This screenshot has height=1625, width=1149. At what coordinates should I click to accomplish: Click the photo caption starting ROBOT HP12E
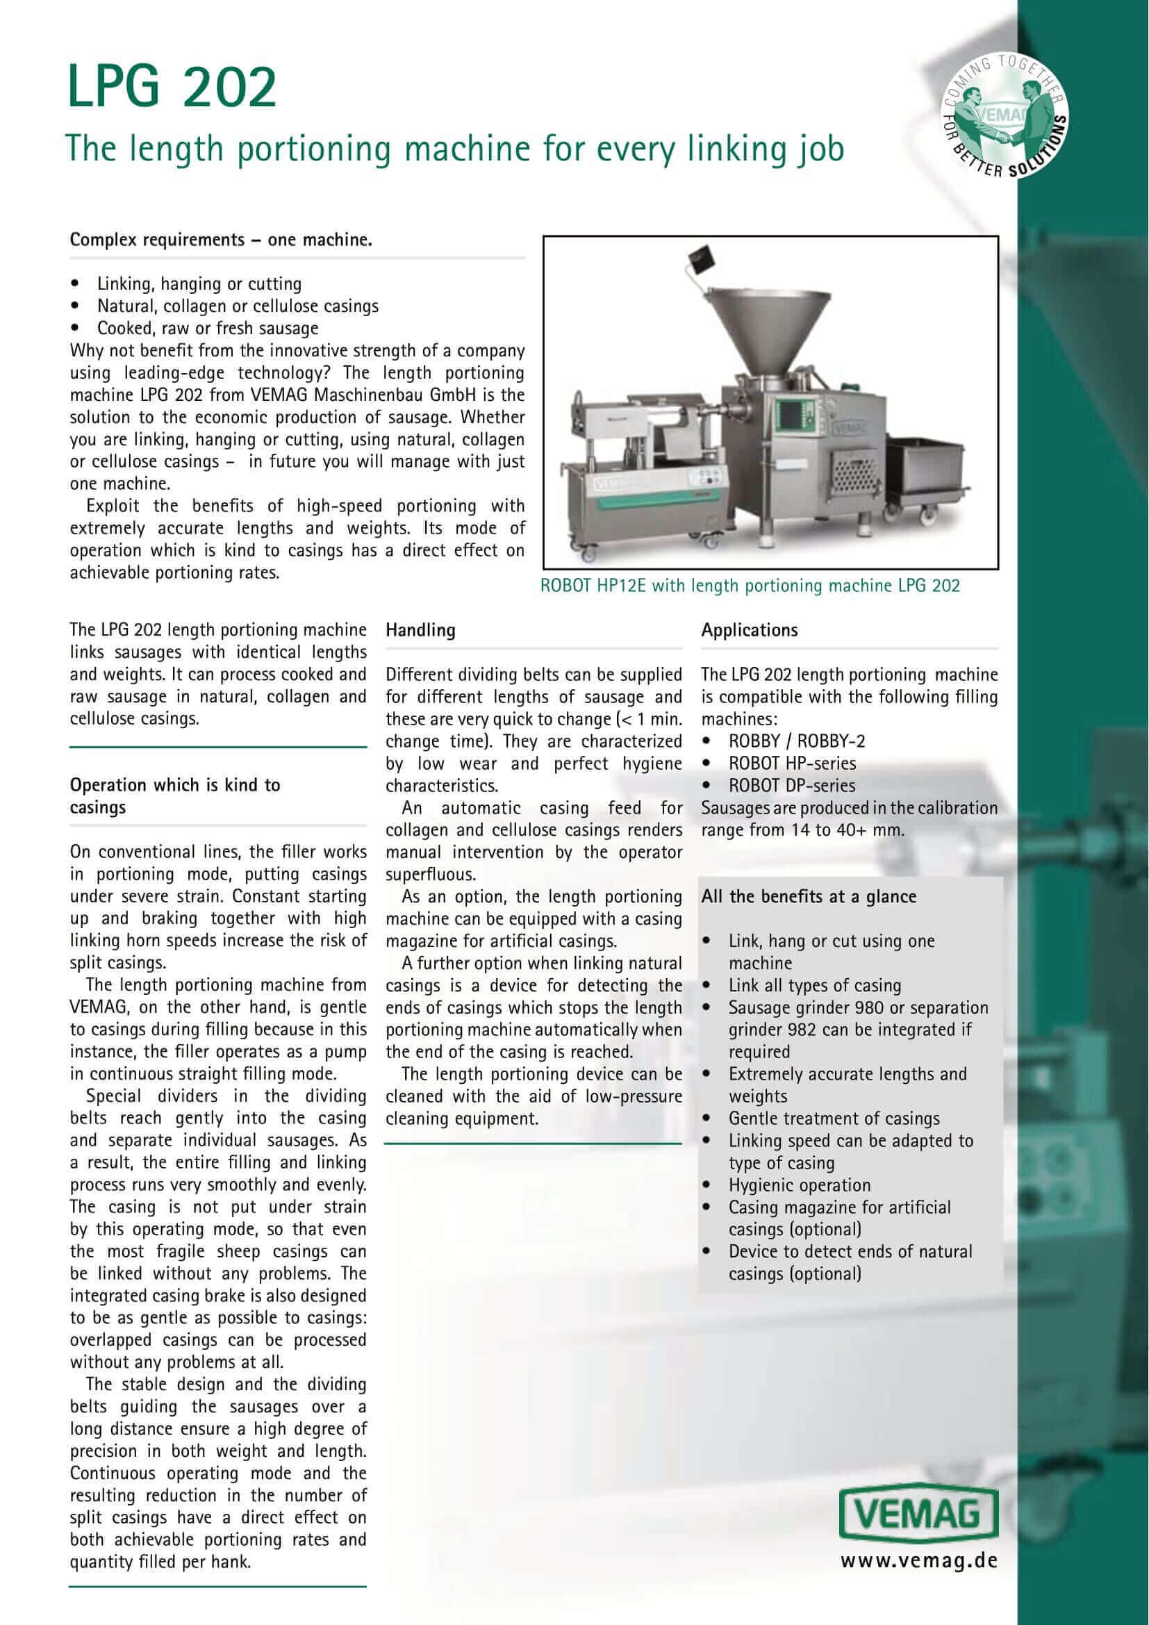pyautogui.click(x=750, y=586)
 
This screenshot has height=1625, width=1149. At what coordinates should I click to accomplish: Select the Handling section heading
pyautogui.click(x=420, y=630)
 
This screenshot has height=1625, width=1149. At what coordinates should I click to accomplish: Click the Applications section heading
pyautogui.click(x=750, y=630)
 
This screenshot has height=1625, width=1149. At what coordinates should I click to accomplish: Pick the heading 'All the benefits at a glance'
pyautogui.click(x=809, y=897)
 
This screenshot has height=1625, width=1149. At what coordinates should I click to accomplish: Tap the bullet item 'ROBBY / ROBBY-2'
pyautogui.click(x=797, y=741)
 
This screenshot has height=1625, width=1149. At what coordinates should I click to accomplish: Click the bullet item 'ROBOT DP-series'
pyautogui.click(x=792, y=786)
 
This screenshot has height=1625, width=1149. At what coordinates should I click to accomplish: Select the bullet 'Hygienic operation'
pyautogui.click(x=800, y=1185)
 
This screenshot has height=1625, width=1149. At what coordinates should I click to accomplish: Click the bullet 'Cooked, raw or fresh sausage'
pyautogui.click(x=207, y=329)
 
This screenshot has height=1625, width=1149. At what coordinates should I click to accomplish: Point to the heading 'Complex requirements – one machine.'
pyautogui.click(x=221, y=240)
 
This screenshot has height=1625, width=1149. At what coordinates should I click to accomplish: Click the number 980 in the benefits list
pyautogui.click(x=870, y=1007)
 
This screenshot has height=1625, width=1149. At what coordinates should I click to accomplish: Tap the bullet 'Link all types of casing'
pyautogui.click(x=815, y=985)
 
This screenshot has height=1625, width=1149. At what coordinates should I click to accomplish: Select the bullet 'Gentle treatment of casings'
pyautogui.click(x=834, y=1119)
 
